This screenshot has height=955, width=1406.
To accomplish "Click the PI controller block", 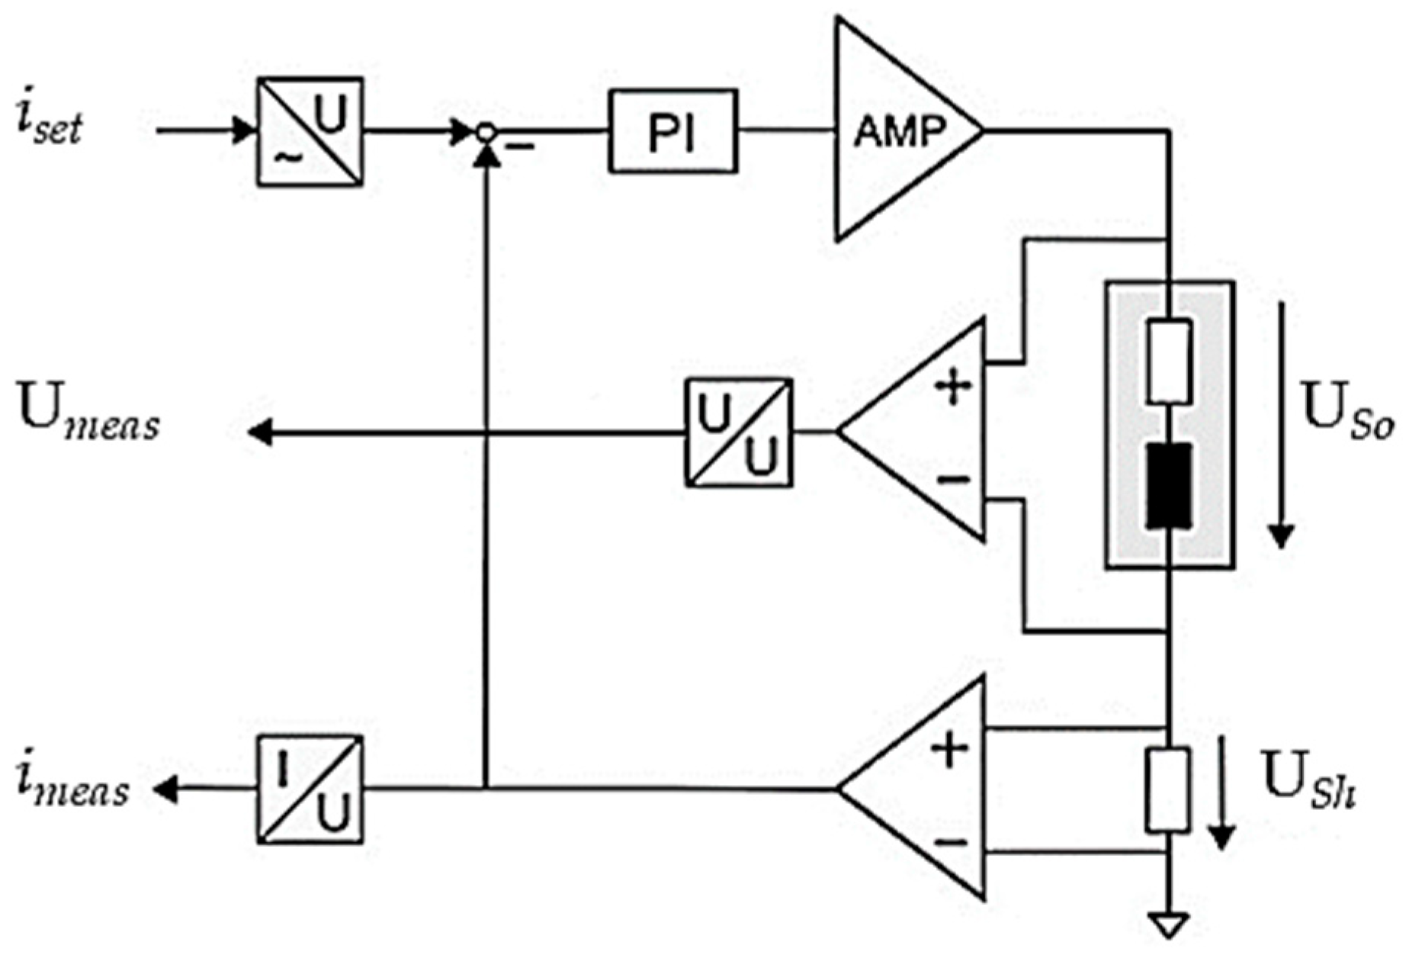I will [x=673, y=131].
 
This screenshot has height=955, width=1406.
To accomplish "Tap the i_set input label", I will [x=49, y=124].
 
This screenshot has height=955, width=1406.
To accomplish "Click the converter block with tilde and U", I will [x=310, y=131].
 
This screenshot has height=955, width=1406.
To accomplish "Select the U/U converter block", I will [x=738, y=432].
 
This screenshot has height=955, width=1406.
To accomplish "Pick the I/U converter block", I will [x=310, y=789].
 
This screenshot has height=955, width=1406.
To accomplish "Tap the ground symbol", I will [x=1168, y=925].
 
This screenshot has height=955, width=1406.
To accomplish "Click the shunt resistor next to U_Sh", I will [x=1167, y=790].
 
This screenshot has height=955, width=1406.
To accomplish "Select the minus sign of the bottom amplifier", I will [x=950, y=842].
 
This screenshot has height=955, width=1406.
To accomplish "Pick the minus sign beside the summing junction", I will [x=519, y=145].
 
